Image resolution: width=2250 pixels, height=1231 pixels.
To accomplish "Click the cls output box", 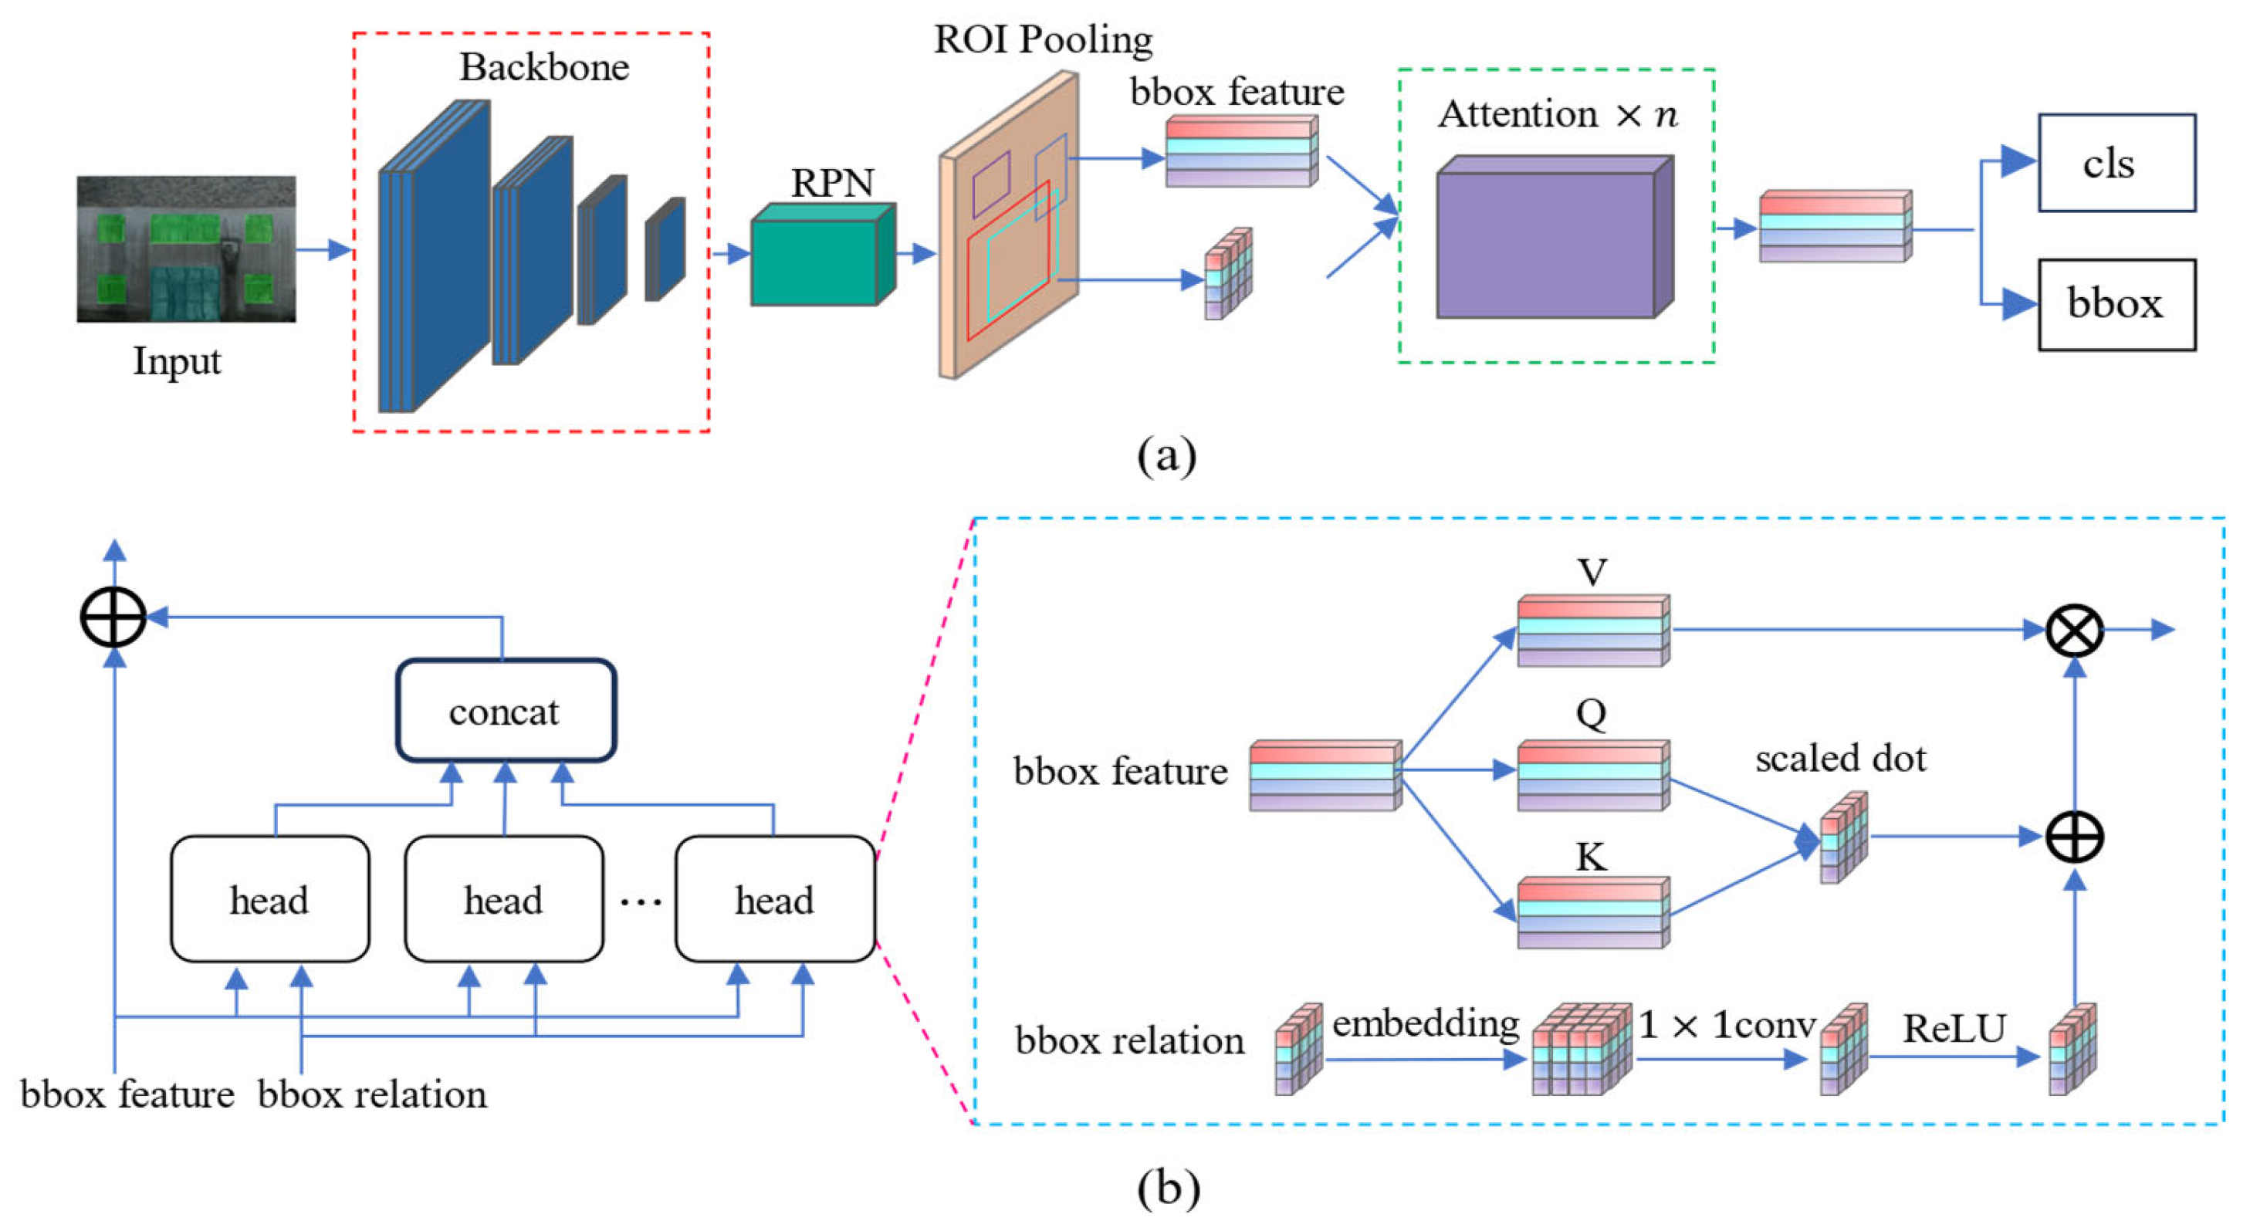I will click(x=2116, y=164).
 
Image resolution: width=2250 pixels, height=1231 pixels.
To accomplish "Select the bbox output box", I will click(x=2116, y=305).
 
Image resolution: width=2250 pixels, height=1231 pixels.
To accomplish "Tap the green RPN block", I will click(x=821, y=258).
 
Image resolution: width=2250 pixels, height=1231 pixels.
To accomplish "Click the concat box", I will click(x=506, y=712).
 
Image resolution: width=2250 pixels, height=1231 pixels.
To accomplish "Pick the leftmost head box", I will click(x=270, y=899).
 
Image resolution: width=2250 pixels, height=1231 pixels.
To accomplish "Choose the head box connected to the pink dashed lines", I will click(x=775, y=899).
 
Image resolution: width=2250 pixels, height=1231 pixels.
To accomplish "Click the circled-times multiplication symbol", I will click(x=2075, y=630).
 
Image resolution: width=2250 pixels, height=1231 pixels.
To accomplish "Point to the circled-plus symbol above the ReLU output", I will click(x=2075, y=837).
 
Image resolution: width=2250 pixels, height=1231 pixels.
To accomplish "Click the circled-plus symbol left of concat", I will click(x=113, y=617).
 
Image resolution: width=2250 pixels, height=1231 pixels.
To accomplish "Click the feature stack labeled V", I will click(x=1592, y=631).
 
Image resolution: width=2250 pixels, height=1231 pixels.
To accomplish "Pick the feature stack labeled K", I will click(x=1592, y=913).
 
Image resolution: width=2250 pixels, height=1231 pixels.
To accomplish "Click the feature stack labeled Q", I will click(x=1592, y=776).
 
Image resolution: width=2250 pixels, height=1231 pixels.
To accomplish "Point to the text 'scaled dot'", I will click(x=1840, y=758).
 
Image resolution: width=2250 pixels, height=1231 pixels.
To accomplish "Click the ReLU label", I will click(x=1954, y=1029).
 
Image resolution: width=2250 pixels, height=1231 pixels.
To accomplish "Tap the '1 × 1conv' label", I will click(x=1727, y=1024).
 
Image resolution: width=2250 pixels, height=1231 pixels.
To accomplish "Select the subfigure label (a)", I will click(x=1167, y=455).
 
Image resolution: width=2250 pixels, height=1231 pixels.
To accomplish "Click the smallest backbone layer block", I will click(x=665, y=250).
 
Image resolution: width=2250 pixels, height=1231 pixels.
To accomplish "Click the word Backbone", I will click(x=544, y=67).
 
